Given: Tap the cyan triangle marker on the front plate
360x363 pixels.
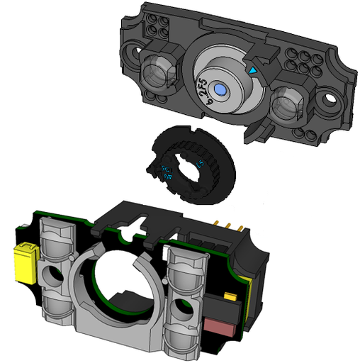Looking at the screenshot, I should coord(254,72).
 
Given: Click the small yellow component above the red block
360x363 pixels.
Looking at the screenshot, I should coord(230,296).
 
